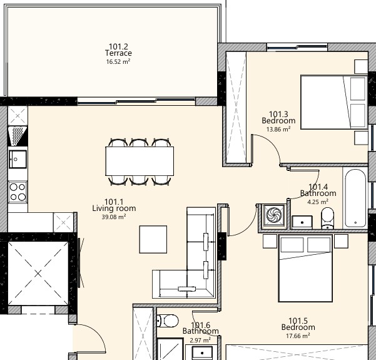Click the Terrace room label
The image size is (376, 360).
tap(118, 54)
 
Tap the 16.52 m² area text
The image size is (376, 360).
tap(118, 61)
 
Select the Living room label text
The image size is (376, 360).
tap(114, 209)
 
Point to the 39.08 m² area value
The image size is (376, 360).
tap(114, 217)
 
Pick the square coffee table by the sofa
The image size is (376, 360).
tap(153, 239)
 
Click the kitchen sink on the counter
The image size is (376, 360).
tap(17, 158)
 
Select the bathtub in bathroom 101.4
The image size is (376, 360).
tap(355, 197)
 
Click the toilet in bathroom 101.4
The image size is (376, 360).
tap(327, 218)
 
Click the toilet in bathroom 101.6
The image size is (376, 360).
tap(167, 320)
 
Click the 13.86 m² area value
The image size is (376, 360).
tap(278, 129)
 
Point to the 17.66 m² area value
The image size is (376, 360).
tap(298, 336)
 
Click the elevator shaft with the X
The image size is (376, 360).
tap(37, 273)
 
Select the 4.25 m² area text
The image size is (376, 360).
tap(318, 202)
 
